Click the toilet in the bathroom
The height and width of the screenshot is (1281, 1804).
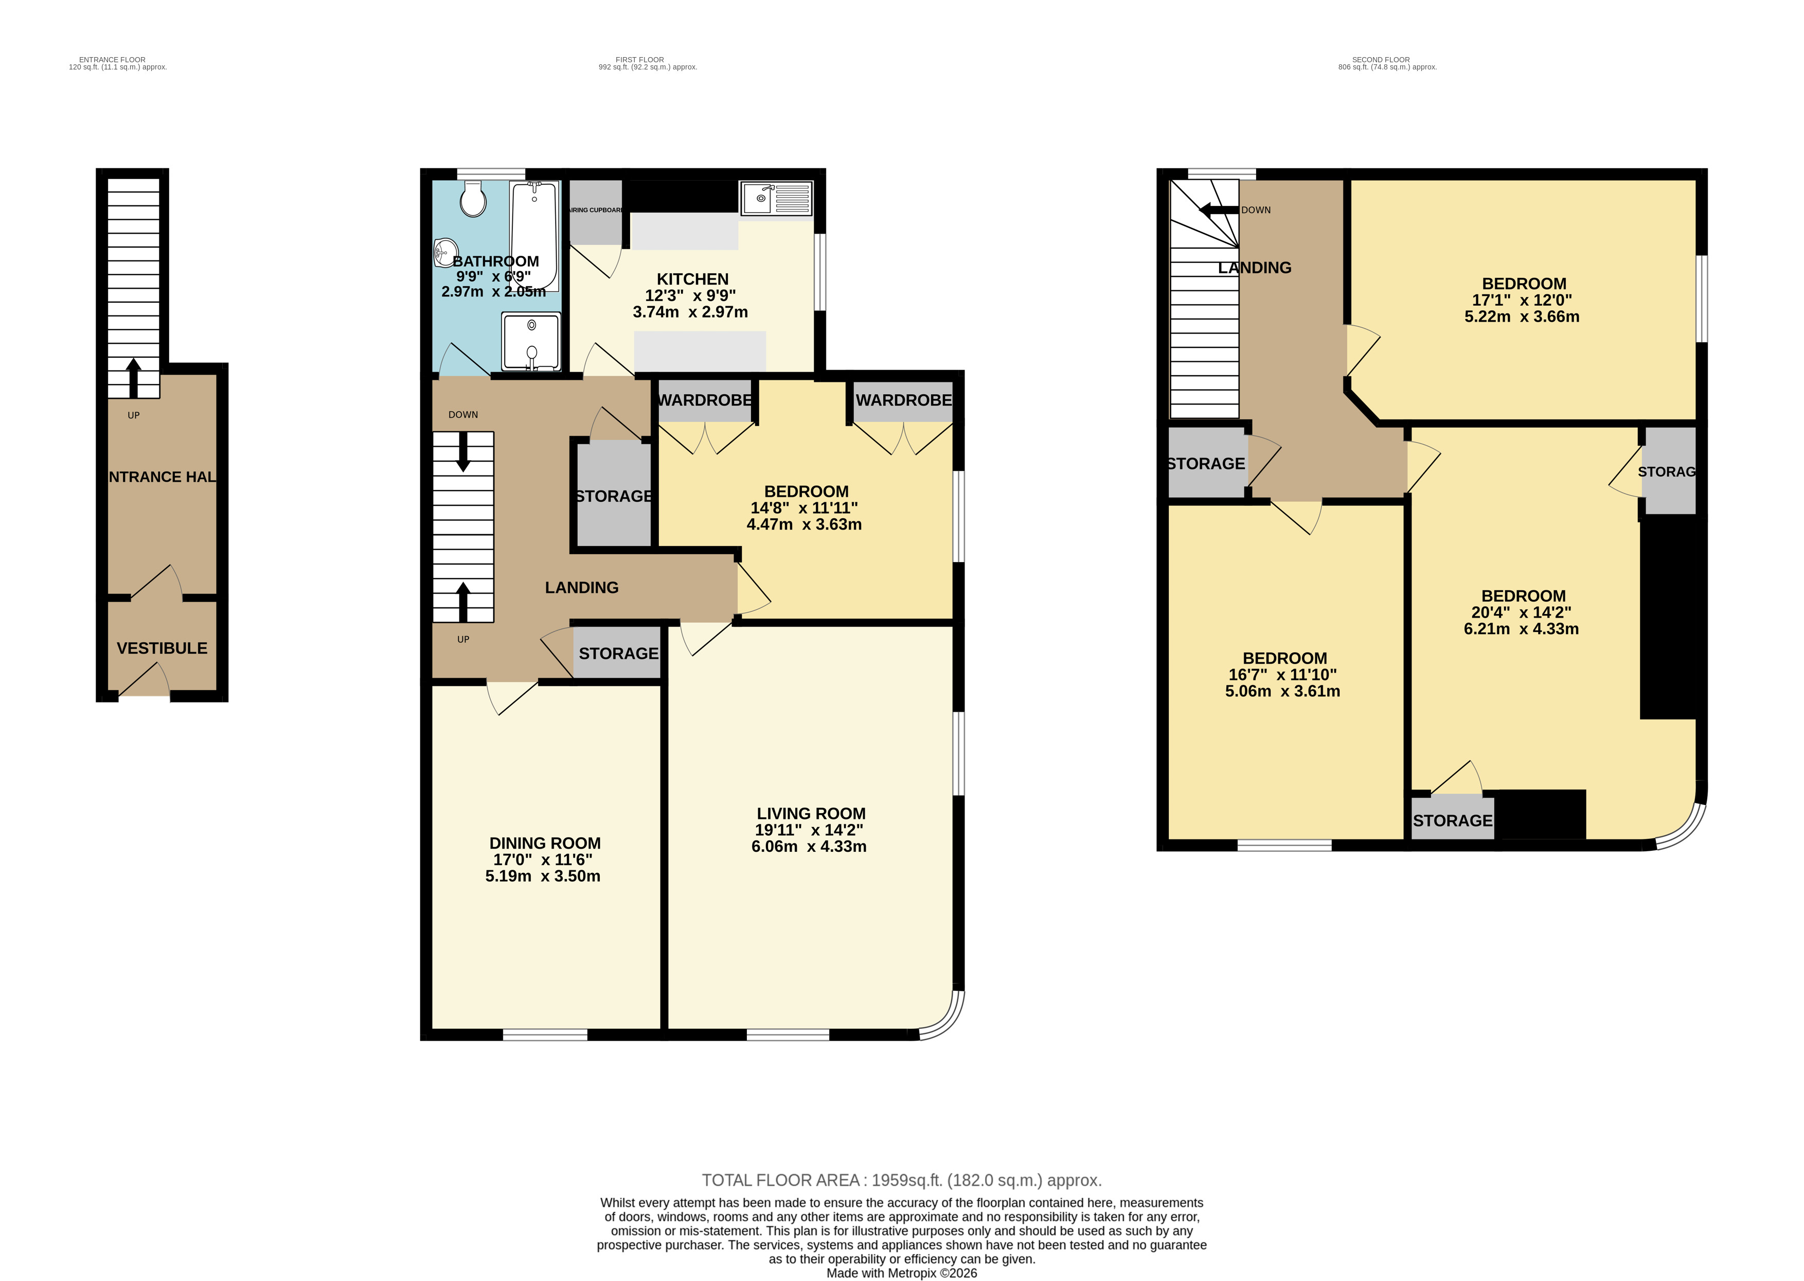coord(473,199)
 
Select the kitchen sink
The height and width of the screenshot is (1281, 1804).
coord(775,198)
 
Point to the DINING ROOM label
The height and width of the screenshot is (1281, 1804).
coord(545,843)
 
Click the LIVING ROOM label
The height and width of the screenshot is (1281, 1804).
coord(811,813)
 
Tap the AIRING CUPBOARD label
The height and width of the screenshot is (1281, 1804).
coord(596,210)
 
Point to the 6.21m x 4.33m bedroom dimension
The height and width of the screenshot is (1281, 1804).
coord(1521,629)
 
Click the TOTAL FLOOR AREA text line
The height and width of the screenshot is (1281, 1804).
coord(901,1180)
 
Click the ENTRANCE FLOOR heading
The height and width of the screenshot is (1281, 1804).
coord(112,60)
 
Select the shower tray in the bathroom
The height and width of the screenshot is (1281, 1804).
coord(531,342)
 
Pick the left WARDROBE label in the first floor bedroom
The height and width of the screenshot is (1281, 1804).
coord(705,400)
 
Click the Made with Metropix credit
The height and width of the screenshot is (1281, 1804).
coord(901,1272)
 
